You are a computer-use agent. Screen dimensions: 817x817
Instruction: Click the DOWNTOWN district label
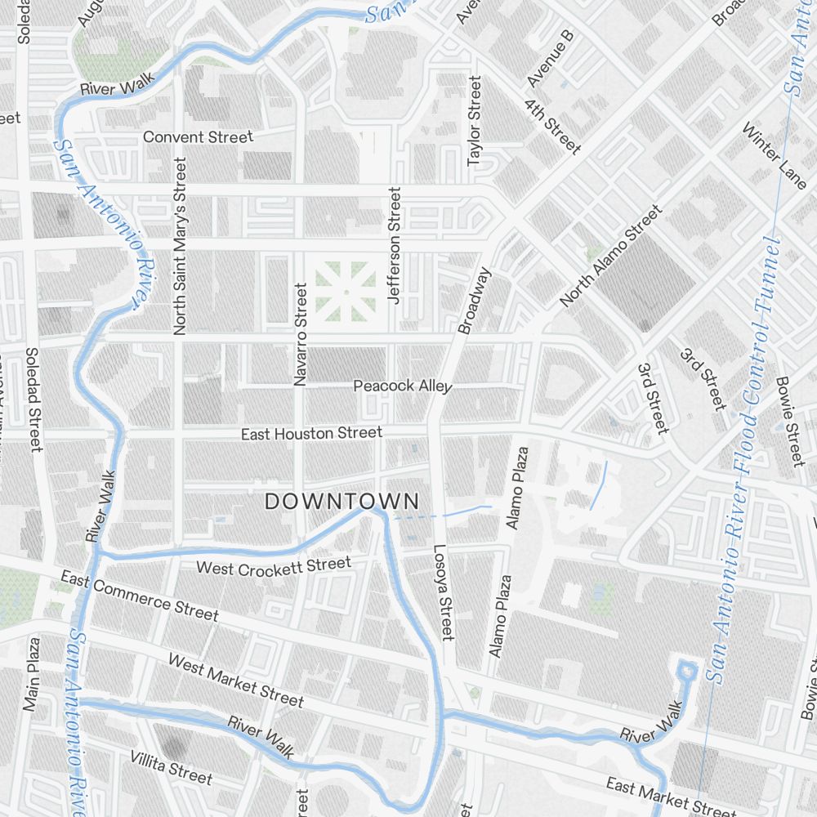coord(342,502)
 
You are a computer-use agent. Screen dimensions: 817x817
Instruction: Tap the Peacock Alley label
coord(402,386)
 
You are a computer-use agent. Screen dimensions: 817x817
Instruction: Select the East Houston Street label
coord(311,433)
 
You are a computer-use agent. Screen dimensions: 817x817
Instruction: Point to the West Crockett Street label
coord(274,565)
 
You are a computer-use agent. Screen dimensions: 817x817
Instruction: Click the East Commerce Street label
coord(140,596)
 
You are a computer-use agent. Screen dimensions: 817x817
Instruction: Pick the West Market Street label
coord(235,680)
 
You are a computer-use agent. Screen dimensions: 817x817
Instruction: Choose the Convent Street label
coord(199,137)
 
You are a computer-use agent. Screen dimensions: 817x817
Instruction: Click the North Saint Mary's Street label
coord(181,246)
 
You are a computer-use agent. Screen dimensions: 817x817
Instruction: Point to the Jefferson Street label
coord(395,245)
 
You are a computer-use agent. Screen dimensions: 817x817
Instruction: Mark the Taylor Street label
coord(475,121)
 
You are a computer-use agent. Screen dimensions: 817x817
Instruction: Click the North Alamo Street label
coord(611,257)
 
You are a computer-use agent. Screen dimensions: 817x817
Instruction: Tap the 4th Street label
coord(553,127)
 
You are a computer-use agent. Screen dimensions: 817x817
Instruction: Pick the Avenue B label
coord(551,60)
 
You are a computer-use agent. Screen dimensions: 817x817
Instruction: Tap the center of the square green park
coord(346,290)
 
